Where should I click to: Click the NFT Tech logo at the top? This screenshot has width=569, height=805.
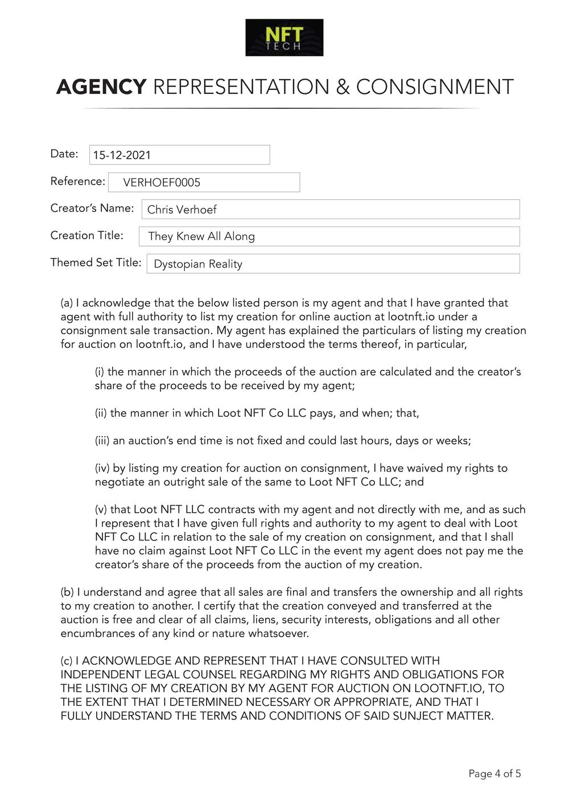click(x=284, y=38)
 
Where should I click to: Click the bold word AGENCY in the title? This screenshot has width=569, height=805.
click(x=101, y=87)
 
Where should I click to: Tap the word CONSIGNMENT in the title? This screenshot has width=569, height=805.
click(x=435, y=87)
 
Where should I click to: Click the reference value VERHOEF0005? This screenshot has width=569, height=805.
click(x=162, y=183)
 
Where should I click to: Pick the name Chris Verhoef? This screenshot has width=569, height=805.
click(x=182, y=210)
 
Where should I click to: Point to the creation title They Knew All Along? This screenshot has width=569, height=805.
click(x=201, y=236)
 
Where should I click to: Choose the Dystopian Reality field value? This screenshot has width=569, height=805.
click(x=198, y=264)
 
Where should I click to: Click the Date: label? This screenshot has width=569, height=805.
click(x=64, y=154)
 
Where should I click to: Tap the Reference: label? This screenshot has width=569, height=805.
click(x=78, y=181)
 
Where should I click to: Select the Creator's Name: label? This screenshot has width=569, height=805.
click(x=92, y=208)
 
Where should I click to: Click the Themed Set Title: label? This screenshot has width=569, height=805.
click(x=96, y=262)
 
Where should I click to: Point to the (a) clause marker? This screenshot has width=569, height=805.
click(x=67, y=303)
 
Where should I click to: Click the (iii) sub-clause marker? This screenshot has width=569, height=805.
click(x=102, y=441)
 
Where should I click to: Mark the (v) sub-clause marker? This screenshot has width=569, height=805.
click(x=101, y=510)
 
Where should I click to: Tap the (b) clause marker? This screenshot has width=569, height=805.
click(x=67, y=592)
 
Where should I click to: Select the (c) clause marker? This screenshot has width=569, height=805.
click(x=67, y=661)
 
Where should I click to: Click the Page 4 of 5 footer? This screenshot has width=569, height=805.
click(x=494, y=774)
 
